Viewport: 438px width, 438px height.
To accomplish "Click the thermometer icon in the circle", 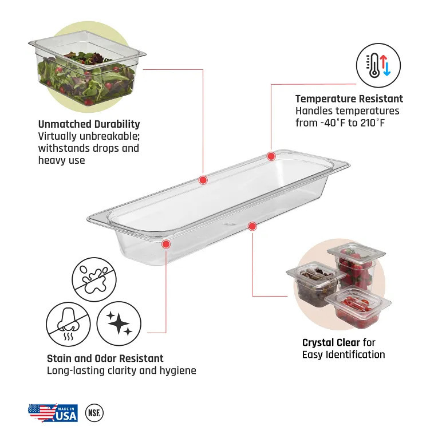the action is click(x=378, y=65).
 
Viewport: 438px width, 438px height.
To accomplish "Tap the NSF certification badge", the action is click(x=94, y=413).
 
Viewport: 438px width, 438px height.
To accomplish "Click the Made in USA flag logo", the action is click(x=53, y=413).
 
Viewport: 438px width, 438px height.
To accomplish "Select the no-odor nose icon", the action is click(x=68, y=324).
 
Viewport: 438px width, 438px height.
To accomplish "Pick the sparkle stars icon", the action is click(x=119, y=323).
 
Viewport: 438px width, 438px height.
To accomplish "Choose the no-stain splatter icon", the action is click(x=94, y=279).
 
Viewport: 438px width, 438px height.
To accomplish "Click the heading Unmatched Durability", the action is click(x=89, y=124).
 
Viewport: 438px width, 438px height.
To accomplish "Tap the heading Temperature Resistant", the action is click(x=349, y=98).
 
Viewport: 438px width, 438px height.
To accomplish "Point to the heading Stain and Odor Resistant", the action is click(x=105, y=358).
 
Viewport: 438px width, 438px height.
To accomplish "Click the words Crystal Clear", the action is click(x=331, y=342).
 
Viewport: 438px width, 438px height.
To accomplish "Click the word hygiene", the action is click(x=178, y=371).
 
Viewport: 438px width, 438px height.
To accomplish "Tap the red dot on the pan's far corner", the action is click(x=271, y=156).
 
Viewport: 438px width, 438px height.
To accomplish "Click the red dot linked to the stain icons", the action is click(x=166, y=244).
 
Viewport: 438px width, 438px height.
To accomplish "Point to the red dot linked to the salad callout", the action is click(x=203, y=180).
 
